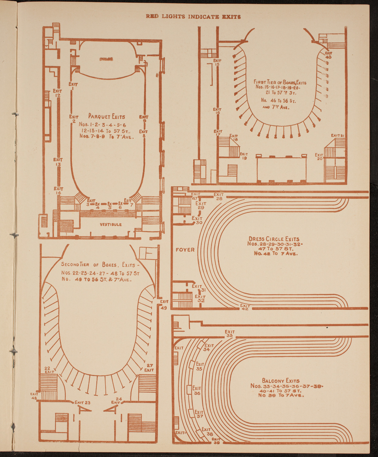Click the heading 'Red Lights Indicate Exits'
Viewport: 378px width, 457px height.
(x=193, y=16)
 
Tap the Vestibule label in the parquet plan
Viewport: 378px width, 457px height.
(x=111, y=225)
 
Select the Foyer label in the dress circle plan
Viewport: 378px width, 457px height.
(x=185, y=250)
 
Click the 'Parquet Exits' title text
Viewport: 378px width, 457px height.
(x=106, y=116)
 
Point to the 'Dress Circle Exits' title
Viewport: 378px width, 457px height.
(x=274, y=239)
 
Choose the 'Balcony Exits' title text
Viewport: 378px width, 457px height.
(x=280, y=381)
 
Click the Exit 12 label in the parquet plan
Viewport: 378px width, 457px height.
(x=57, y=93)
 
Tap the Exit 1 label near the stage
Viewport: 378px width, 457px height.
(x=73, y=86)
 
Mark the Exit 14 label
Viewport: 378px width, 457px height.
(x=58, y=191)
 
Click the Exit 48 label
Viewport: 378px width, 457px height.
(x=34, y=396)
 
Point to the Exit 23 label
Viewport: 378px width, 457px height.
(x=82, y=402)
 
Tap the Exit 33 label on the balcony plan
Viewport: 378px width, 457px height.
(x=230, y=334)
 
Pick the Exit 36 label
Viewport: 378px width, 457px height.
(x=197, y=391)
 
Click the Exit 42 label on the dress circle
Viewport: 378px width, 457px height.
(x=245, y=307)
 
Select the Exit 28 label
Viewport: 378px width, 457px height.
(x=219, y=197)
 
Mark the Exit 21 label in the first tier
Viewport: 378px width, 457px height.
(x=337, y=135)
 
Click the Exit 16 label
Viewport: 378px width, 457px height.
(x=217, y=111)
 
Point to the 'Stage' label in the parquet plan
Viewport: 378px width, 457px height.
(x=106, y=59)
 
